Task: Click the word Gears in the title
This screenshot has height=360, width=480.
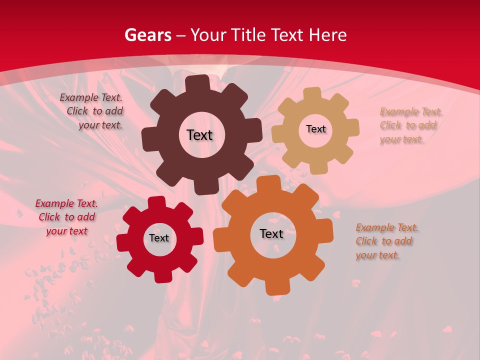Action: [x=147, y=35]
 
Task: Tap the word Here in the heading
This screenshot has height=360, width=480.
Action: [x=327, y=35]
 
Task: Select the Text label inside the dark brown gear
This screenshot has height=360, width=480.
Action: [x=199, y=135]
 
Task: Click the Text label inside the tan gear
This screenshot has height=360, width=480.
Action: [x=315, y=129]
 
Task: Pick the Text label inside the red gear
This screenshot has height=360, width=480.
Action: [x=159, y=238]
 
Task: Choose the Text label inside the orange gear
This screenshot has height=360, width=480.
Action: [x=271, y=233]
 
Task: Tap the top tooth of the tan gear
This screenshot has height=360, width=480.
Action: [x=312, y=93]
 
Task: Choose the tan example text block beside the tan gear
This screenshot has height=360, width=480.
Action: [x=410, y=125]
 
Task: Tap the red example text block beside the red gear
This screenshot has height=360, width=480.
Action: [x=66, y=217]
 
